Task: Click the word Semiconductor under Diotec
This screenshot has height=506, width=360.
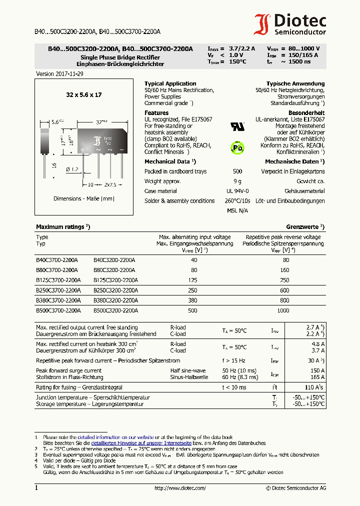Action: (x=300, y=32)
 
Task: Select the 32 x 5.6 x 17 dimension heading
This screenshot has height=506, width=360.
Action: (x=83, y=94)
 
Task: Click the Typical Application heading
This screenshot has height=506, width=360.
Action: (x=170, y=83)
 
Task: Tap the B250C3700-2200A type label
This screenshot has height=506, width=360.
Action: (x=58, y=290)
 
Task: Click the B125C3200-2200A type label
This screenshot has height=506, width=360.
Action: (x=115, y=280)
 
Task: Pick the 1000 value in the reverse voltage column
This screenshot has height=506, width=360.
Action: (x=283, y=310)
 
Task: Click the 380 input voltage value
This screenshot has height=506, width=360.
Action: (x=193, y=300)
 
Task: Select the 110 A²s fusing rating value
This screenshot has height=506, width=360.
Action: (x=314, y=387)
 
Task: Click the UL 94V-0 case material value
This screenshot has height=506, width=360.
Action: (x=237, y=191)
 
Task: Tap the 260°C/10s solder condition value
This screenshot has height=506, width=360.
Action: (x=237, y=201)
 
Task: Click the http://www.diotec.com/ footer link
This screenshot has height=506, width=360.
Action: (x=180, y=488)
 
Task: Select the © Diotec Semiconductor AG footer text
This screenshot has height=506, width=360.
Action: (x=296, y=488)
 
